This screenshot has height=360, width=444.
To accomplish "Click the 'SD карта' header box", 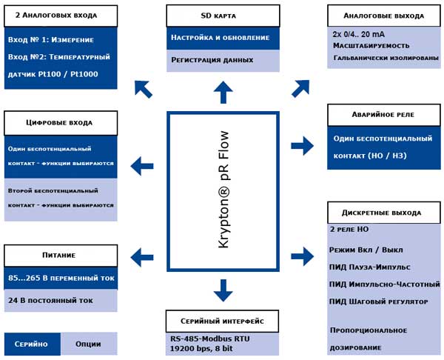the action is click(223, 16).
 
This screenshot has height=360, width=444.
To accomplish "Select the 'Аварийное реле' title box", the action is click(384, 115).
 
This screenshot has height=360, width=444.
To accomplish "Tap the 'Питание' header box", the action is click(61, 256).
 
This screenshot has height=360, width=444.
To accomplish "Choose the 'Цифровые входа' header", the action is click(61, 123).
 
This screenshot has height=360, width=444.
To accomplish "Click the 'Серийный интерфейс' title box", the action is click(222, 321).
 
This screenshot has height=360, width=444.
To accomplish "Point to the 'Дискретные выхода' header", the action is click(384, 213).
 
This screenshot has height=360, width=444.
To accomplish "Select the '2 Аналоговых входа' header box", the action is click(61, 16).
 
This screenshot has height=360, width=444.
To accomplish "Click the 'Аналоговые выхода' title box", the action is click(384, 16).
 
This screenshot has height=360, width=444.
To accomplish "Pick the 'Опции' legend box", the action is click(89, 344).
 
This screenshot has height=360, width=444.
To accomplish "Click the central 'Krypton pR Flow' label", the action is click(223, 190).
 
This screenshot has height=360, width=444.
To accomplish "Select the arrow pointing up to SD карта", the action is click(223, 93).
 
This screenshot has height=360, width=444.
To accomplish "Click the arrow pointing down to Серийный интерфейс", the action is click(223, 290).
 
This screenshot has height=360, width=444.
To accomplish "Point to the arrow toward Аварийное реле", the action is click(303, 146).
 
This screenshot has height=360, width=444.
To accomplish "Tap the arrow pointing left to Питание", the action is click(142, 257).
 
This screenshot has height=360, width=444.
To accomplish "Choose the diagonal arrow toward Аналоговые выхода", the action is click(300, 88).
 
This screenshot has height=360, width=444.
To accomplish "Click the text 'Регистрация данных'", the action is click(212, 60).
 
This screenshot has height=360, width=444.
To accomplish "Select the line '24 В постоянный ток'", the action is click(50, 301).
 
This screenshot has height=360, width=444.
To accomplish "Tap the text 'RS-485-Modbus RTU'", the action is click(210, 339).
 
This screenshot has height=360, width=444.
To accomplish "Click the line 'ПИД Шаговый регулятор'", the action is click(378, 301).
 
